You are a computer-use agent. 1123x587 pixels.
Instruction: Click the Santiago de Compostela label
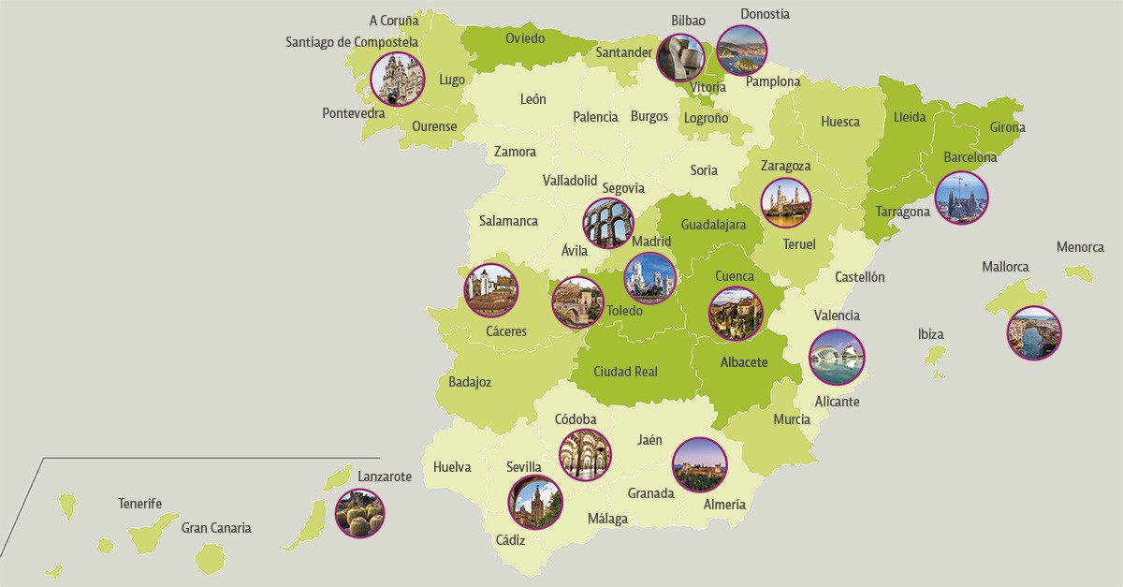tap(352, 42)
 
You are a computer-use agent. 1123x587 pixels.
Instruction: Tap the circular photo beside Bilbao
tap(679, 58)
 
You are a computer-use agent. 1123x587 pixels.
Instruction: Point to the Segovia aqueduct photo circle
tap(608, 223)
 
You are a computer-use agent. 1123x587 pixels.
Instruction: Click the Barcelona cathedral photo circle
tap(961, 198)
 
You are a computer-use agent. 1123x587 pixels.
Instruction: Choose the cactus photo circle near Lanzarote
tap(359, 513)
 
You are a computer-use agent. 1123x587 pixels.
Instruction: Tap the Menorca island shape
tap(1079, 272)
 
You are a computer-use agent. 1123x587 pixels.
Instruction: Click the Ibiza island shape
tap(933, 356)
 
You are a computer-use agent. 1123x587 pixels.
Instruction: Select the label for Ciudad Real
tap(625, 372)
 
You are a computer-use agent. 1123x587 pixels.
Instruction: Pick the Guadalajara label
tap(713, 225)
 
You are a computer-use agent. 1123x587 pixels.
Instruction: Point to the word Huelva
tap(452, 467)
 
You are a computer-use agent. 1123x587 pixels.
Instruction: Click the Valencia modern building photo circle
tap(837, 357)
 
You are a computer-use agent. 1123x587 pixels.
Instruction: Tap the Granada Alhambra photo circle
tap(699, 464)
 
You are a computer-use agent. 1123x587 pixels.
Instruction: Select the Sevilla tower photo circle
tap(535, 503)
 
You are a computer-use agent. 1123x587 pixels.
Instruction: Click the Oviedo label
tap(525, 38)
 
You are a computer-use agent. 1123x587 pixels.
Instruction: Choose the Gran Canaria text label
tap(216, 528)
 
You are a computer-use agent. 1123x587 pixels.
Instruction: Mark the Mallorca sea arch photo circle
tap(1033, 332)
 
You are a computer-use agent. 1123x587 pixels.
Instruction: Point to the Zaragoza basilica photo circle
tap(785, 202)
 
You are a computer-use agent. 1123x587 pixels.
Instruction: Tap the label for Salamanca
tap(508, 221)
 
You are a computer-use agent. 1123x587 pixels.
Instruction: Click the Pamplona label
tap(773, 81)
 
